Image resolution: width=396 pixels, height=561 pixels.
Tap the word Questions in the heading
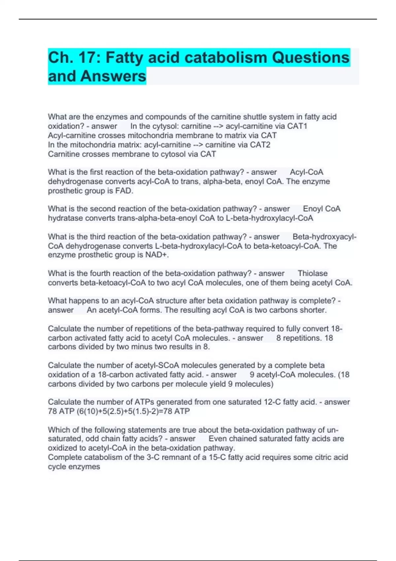pyautogui.click(x=311, y=58)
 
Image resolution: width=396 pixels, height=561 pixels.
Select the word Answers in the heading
pyautogui.click(x=113, y=76)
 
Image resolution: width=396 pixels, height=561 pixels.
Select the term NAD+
pyautogui.click(x=157, y=255)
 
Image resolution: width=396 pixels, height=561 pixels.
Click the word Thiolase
pyautogui.click(x=313, y=273)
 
